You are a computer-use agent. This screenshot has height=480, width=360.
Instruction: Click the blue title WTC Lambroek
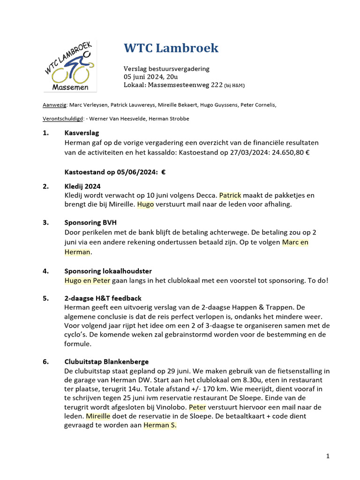point(171,48)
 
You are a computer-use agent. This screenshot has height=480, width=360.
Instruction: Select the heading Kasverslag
point(82,133)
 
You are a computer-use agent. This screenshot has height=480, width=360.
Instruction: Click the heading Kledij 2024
point(82,186)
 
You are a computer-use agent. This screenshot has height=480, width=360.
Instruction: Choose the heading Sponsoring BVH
point(90,223)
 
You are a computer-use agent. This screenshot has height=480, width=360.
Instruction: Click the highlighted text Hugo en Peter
point(87,280)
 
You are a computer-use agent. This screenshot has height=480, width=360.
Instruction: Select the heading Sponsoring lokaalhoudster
point(108,271)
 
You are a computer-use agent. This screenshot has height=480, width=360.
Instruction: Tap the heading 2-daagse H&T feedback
point(103,298)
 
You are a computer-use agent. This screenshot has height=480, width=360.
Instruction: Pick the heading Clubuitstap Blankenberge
point(106,361)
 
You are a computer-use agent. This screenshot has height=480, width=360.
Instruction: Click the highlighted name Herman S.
point(160,425)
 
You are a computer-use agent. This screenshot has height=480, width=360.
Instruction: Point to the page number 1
point(328,456)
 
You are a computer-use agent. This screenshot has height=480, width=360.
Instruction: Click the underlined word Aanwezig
point(55,105)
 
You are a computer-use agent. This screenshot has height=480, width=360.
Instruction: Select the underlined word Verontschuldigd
point(62,119)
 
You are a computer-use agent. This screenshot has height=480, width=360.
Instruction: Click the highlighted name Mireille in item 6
point(98,416)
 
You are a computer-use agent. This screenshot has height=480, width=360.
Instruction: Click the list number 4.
point(46,271)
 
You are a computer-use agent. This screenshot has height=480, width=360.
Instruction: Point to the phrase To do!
point(318,280)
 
